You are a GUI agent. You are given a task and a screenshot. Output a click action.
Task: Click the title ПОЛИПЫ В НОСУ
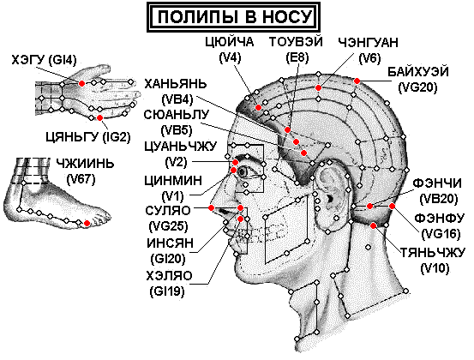click(x=234, y=17)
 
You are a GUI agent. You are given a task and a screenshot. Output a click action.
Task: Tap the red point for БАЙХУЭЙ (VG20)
click(x=357, y=81)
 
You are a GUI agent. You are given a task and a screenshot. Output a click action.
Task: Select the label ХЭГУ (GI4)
click(x=44, y=60)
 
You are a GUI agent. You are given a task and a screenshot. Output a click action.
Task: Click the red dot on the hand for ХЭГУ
click(x=81, y=83)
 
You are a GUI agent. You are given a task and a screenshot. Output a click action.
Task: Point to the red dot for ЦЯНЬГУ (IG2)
click(x=99, y=118)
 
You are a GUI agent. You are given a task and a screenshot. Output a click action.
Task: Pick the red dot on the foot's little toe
click(x=87, y=224)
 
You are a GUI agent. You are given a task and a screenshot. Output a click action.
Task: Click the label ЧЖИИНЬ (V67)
click(x=84, y=171)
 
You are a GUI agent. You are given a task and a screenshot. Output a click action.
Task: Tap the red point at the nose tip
click(x=212, y=207)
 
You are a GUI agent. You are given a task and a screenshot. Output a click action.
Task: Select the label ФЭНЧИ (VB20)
click(x=437, y=191)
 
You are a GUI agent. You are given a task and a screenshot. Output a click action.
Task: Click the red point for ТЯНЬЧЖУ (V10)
click(x=374, y=225)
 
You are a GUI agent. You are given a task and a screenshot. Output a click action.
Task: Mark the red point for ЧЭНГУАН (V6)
click(x=318, y=87)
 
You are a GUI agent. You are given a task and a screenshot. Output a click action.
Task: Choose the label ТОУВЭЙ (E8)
click(x=296, y=50)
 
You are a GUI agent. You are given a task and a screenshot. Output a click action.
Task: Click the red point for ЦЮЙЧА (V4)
click(x=258, y=108)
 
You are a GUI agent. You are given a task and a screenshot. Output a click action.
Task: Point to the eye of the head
click(x=243, y=172)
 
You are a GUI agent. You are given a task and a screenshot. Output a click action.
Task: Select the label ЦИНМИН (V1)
click(x=173, y=189)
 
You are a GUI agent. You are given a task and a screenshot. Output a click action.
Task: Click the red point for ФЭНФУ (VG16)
click(x=392, y=207)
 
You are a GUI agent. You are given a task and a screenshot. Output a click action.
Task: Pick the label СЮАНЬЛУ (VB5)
click(x=177, y=122)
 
